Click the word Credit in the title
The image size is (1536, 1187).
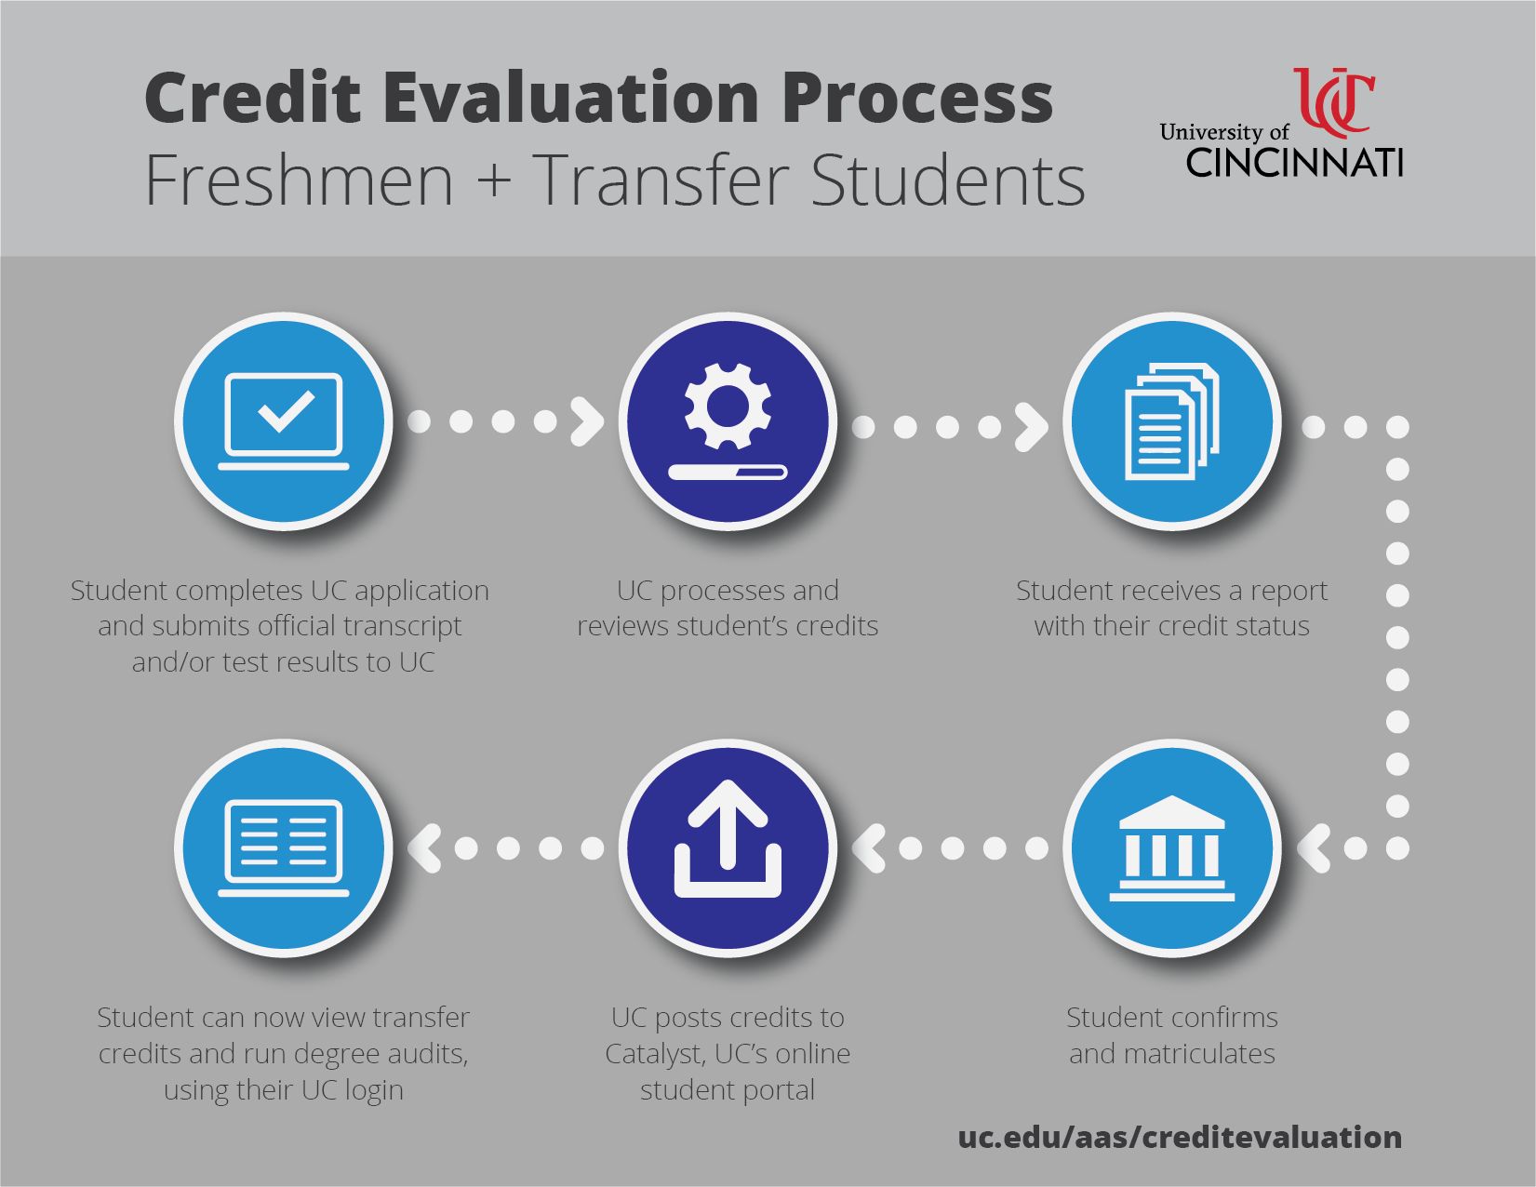click(253, 98)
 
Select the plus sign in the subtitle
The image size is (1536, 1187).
click(494, 180)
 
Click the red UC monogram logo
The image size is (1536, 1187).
click(1334, 102)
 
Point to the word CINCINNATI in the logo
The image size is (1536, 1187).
click(1294, 163)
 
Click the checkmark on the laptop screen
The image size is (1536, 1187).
click(286, 410)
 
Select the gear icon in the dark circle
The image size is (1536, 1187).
click(728, 406)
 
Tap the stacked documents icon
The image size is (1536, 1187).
click(1172, 421)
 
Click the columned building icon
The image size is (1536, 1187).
click(1172, 847)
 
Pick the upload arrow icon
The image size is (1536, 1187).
click(728, 839)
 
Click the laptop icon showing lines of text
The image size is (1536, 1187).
click(284, 847)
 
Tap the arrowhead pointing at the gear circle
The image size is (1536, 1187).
click(587, 421)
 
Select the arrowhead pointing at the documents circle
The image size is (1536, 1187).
click(1032, 427)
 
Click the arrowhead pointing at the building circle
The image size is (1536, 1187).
click(1314, 847)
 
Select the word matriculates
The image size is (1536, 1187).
click(1199, 1053)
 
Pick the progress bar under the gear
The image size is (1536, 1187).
click(728, 472)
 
